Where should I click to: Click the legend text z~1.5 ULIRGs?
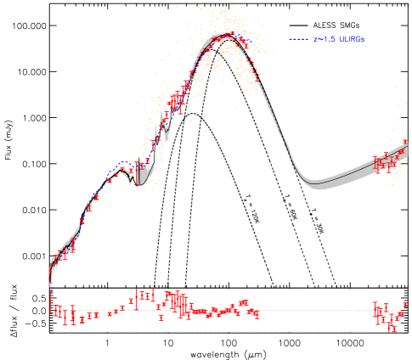tap(339, 39)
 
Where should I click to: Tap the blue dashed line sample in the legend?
tap(298, 39)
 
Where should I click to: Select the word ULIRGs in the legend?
tap(351, 39)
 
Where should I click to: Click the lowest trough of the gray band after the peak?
tap(316, 183)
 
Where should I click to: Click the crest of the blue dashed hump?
tap(124, 162)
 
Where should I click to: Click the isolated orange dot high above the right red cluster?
tap(394, 87)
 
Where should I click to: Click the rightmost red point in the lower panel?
tap(404, 305)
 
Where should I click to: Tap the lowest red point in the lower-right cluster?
tap(392, 329)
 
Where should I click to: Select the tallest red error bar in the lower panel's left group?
tap(138, 299)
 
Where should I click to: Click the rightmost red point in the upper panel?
tap(404, 141)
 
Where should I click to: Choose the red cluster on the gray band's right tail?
tap(387, 162)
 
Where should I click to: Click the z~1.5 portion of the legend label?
tap(324, 39)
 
